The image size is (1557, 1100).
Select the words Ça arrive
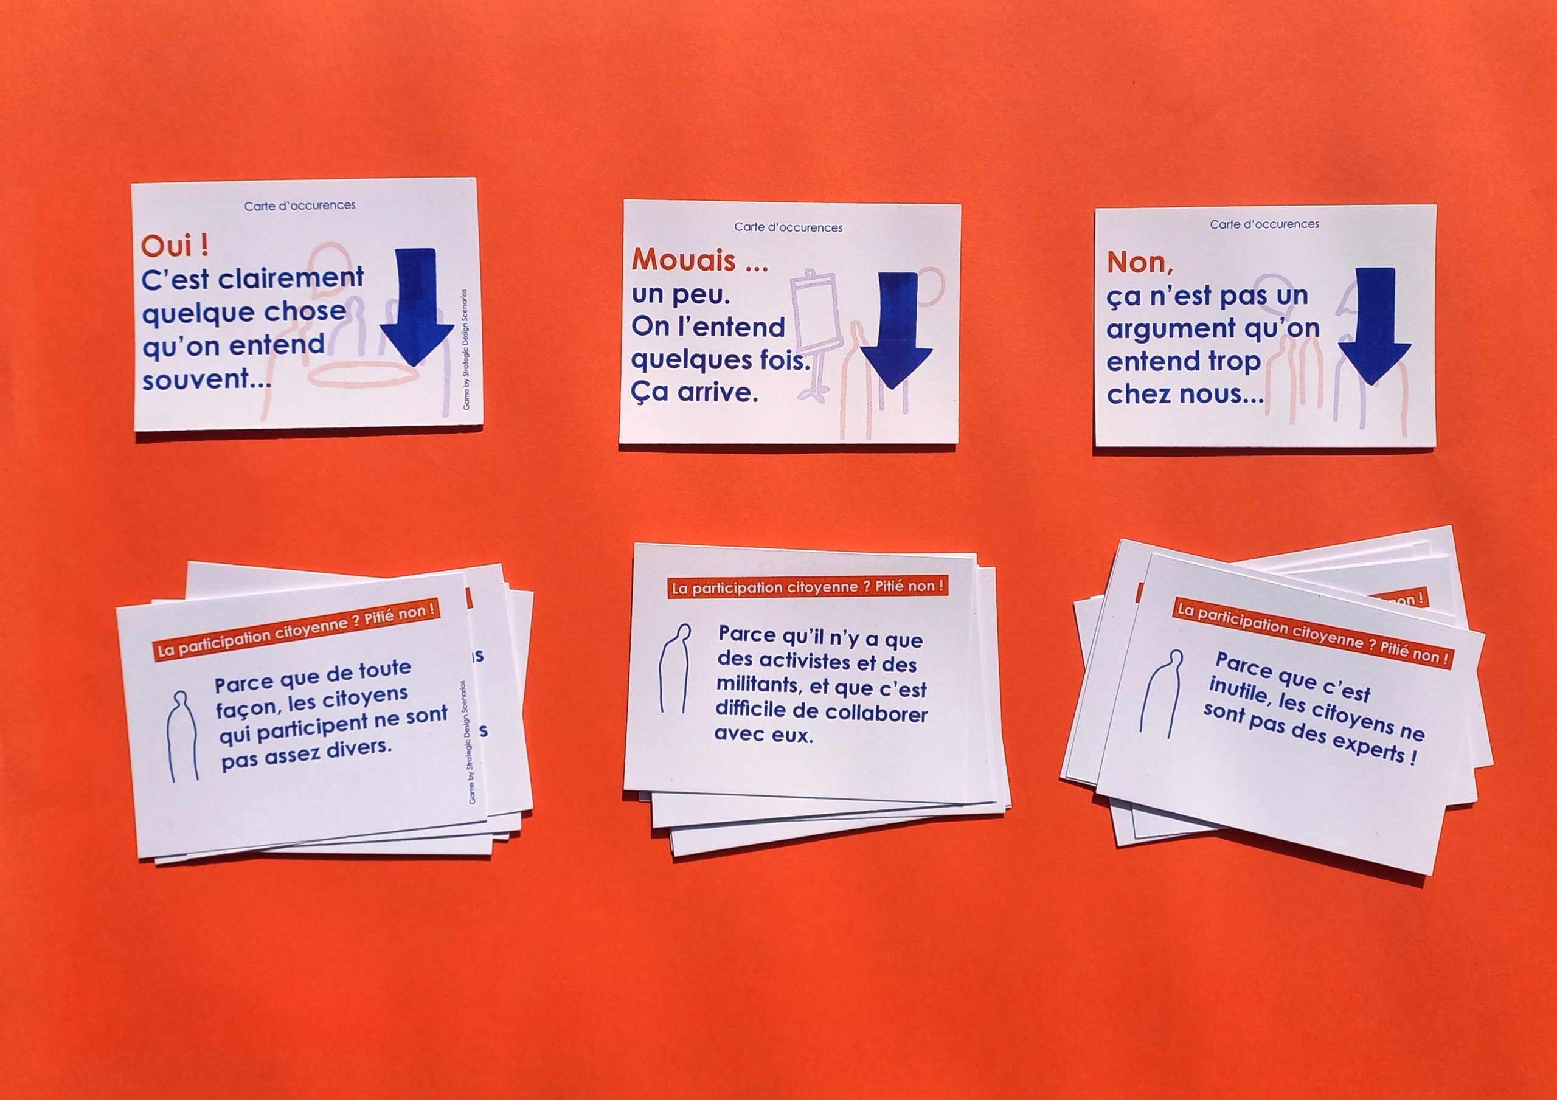[695, 393]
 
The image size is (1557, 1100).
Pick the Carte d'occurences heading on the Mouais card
[788, 227]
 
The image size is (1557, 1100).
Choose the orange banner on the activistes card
[807, 587]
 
